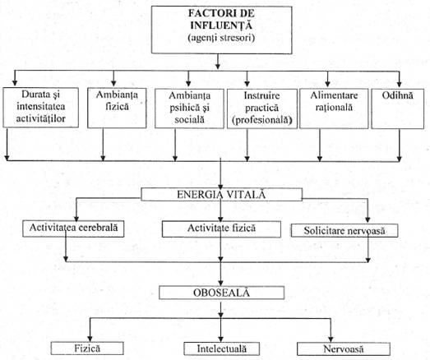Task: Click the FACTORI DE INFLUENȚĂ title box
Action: (x=222, y=30)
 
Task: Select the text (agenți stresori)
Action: (x=221, y=37)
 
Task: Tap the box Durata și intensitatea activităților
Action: (x=41, y=108)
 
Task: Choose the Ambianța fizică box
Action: (x=117, y=108)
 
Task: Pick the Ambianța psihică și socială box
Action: (x=189, y=108)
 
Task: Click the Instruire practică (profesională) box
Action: (x=262, y=108)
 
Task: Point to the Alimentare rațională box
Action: (x=334, y=108)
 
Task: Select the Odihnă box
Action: (x=398, y=108)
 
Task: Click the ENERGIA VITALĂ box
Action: (x=222, y=195)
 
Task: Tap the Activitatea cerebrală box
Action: (x=73, y=228)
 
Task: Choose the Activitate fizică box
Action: (x=221, y=229)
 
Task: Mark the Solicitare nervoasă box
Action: (x=344, y=231)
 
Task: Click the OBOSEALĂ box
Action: (x=222, y=293)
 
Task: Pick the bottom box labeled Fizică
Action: (x=87, y=348)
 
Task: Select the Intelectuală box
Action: (x=222, y=348)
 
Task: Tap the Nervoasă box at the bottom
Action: (x=344, y=349)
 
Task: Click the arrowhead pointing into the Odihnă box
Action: (x=400, y=84)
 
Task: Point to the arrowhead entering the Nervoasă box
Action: (x=331, y=339)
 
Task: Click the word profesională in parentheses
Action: (x=262, y=120)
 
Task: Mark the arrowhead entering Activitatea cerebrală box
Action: (x=76, y=218)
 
